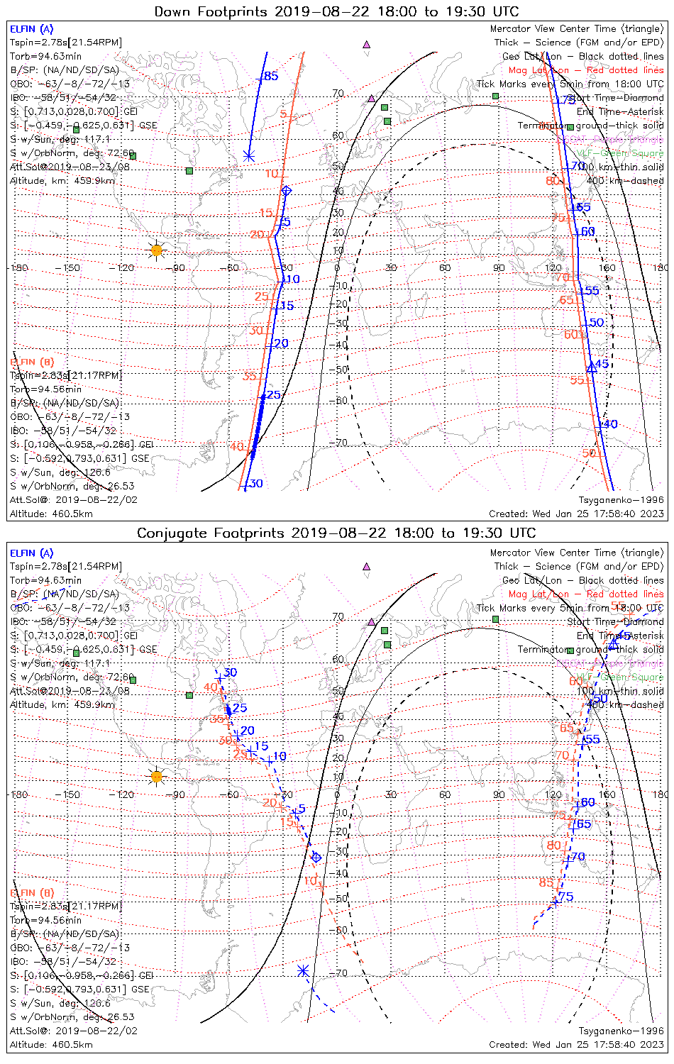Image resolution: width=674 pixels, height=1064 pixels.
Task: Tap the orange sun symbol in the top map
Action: [157, 250]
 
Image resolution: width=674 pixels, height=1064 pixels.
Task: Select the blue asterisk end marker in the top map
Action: [248, 155]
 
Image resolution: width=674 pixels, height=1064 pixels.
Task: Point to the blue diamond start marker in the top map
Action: [287, 191]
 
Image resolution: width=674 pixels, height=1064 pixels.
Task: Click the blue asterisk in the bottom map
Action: [304, 970]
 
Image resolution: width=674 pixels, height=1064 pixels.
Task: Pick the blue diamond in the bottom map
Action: [316, 858]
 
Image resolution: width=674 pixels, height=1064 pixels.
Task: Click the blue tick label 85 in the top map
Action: [271, 77]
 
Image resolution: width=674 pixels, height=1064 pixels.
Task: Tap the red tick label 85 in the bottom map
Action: [546, 882]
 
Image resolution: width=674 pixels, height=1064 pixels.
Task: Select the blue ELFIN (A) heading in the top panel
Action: [31, 29]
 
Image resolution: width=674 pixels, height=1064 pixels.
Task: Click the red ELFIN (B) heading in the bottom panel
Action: [31, 892]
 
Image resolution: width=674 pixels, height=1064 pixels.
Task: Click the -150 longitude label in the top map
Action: [71, 268]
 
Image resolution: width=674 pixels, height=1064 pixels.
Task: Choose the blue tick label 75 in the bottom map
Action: [565, 897]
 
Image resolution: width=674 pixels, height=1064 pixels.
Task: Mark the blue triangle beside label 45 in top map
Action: [591, 367]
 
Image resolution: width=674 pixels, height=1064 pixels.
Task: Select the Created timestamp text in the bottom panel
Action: [576, 1044]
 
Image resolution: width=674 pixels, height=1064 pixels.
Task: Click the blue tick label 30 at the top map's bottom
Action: [256, 484]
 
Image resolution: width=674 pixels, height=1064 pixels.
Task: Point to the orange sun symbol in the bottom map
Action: [157, 777]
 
